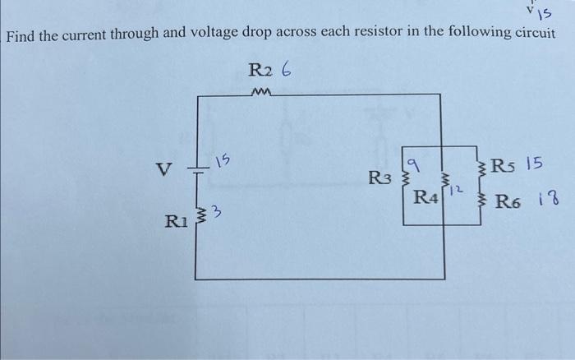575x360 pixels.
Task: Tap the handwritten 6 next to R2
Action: [x=285, y=71]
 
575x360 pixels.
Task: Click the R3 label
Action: [x=379, y=177]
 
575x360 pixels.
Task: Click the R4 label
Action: [x=426, y=197]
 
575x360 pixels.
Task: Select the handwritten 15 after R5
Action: [x=534, y=164]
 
